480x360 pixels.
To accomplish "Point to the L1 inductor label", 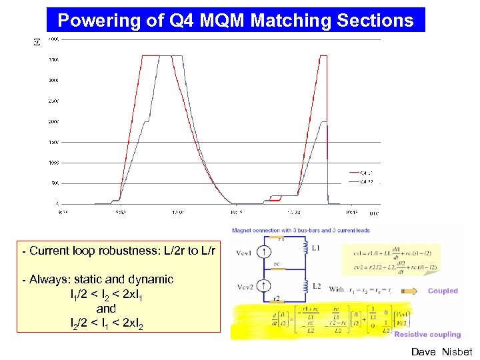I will pos(317,247).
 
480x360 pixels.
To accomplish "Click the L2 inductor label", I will pos(317,286).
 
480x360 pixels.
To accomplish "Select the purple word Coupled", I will pos(443,291).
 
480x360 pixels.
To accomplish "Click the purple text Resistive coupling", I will pos(427,335).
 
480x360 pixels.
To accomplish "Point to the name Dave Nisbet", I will pos(441,351).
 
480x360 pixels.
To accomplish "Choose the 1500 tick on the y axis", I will pos(53,142).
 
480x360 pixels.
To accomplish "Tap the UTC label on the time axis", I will pos(375,213).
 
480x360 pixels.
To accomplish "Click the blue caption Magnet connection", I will pos(257,230).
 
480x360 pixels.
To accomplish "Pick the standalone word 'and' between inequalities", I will pos(106,309).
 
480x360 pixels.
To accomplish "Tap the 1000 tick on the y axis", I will pos(53,163).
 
